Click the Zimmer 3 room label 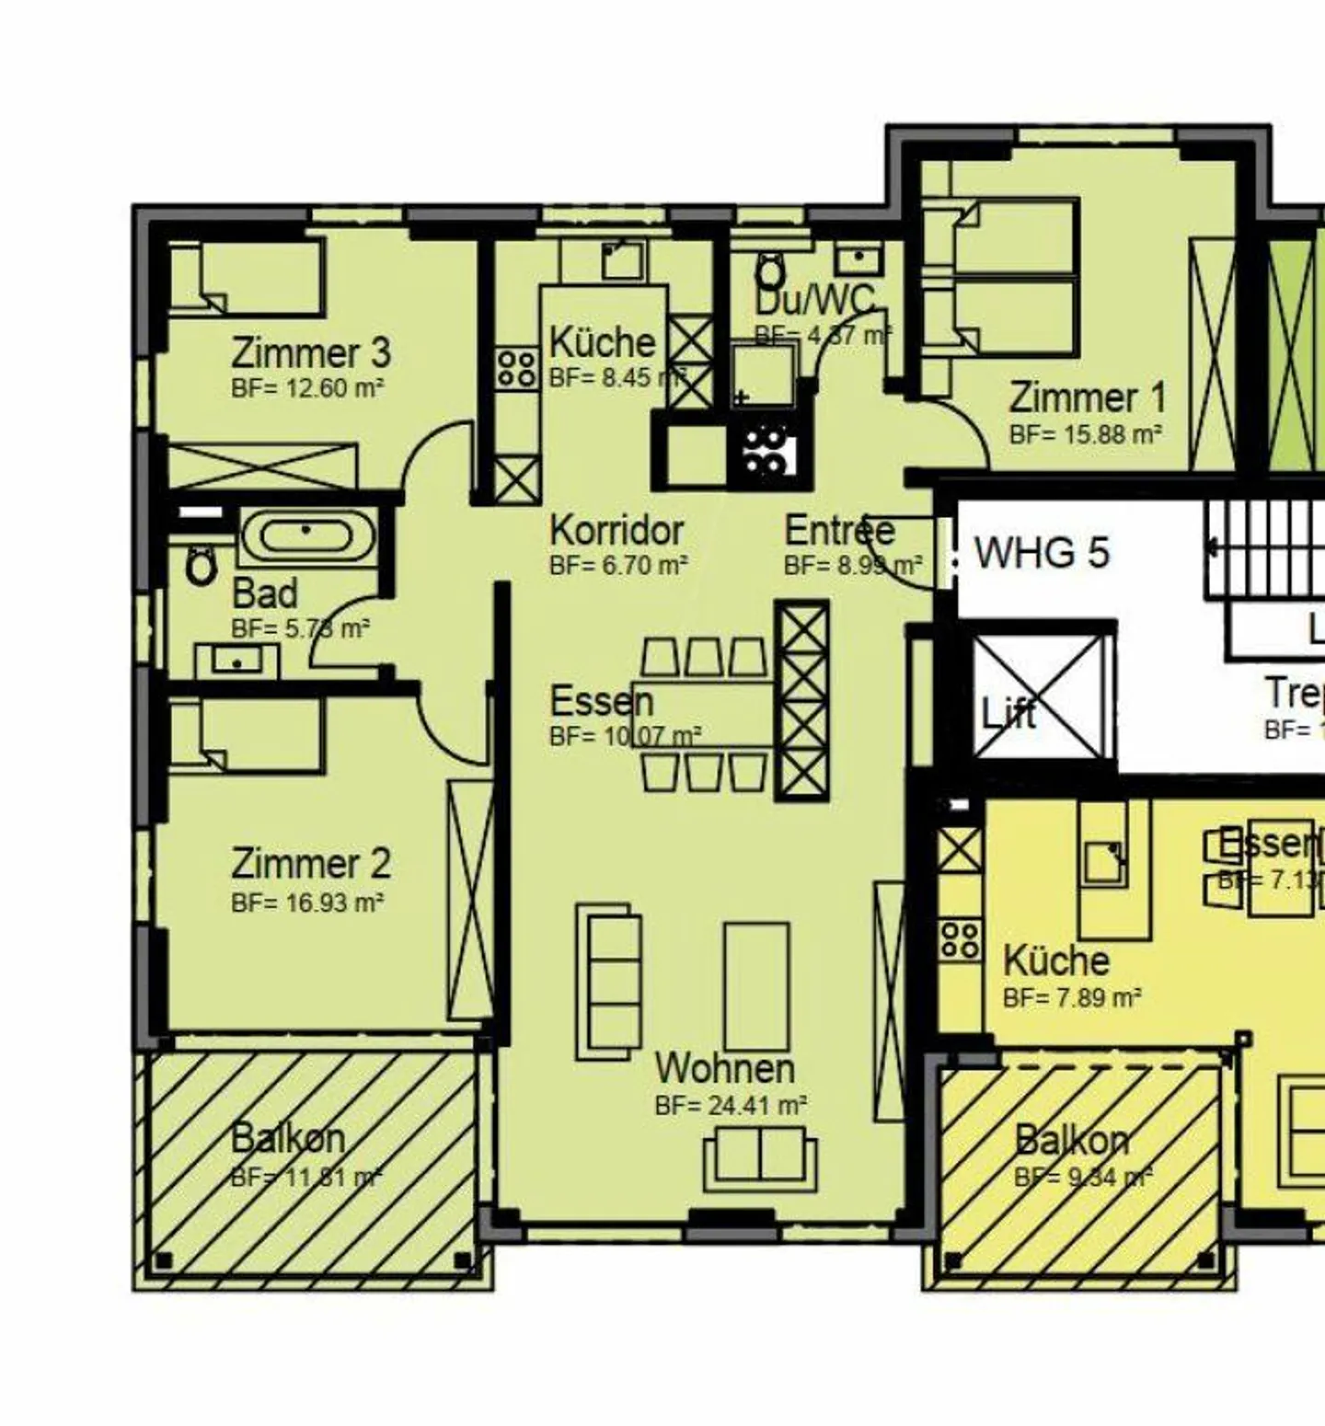coord(310,352)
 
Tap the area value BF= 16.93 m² coord(307,903)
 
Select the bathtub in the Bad coord(307,536)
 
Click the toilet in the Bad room coord(200,565)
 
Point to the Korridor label coord(616,531)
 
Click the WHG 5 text coord(1042,553)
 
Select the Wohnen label coord(724,1068)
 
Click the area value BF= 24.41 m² coord(731,1105)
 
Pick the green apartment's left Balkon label coord(287,1138)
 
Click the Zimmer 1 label coord(1087,398)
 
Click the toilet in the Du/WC coord(770,271)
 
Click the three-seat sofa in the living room coord(608,981)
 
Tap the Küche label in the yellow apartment coord(1055,960)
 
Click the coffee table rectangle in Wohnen coord(756,986)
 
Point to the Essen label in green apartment coord(601,702)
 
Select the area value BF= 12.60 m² coord(307,388)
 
